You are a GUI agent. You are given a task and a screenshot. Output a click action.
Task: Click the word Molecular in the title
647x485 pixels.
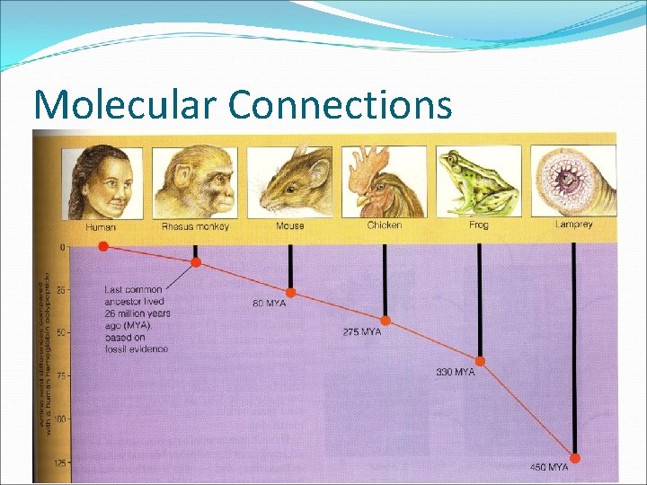pos(125,104)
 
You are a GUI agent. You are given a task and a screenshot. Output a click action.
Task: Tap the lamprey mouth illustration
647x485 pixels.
pos(573,181)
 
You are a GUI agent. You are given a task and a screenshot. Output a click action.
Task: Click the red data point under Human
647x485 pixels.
pos(103,245)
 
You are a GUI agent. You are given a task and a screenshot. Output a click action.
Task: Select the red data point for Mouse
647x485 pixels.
pos(290,293)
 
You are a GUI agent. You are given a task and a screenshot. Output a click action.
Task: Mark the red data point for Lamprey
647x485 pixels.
pos(575,458)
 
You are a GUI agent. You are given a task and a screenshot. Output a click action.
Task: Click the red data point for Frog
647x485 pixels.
pos(480,361)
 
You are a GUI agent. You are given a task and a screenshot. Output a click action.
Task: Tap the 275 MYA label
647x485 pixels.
pos(361,332)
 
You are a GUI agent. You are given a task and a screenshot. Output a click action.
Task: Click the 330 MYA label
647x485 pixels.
pos(456,372)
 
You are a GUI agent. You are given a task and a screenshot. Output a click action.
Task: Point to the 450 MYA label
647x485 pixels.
pos(550,468)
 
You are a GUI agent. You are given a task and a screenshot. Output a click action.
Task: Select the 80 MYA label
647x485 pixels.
pos(269,304)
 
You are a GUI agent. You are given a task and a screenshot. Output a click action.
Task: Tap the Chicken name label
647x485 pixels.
pos(385,225)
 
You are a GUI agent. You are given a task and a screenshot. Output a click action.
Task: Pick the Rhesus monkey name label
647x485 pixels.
pos(195,226)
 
